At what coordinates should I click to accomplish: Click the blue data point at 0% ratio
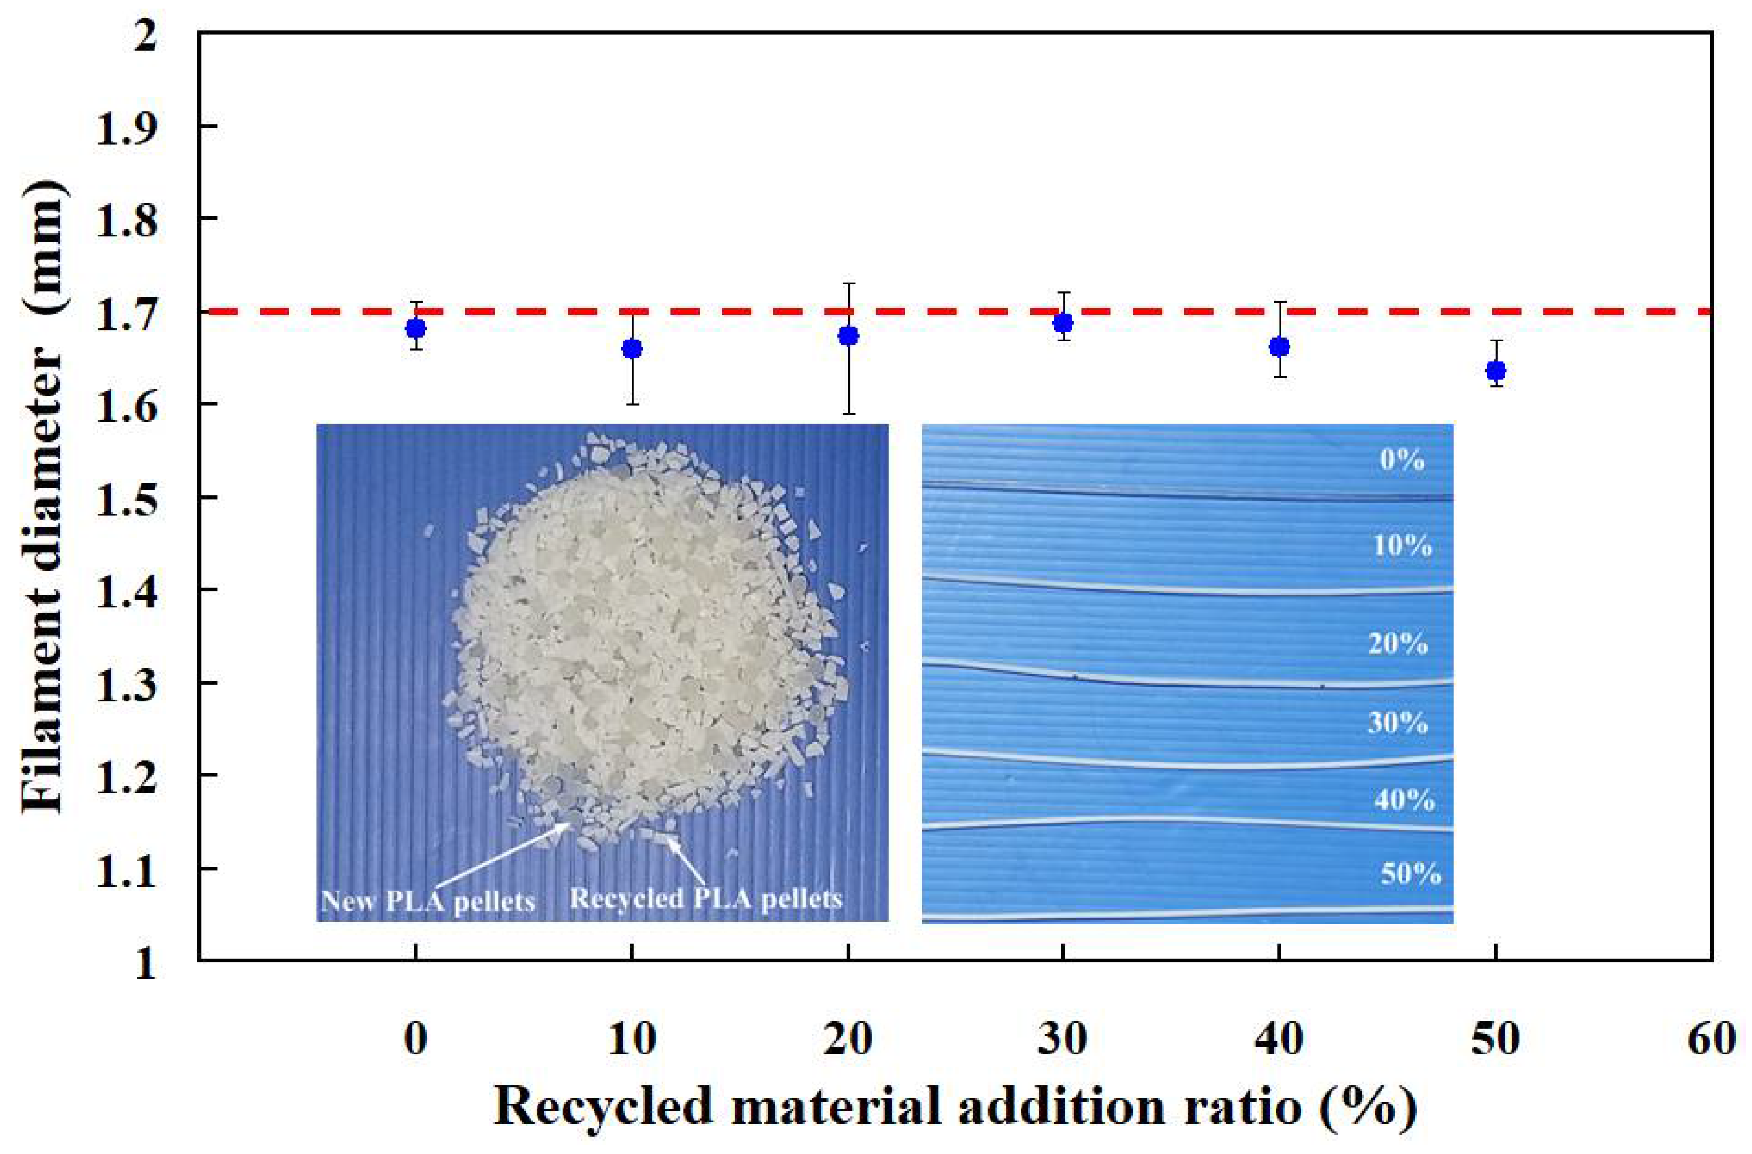click(415, 328)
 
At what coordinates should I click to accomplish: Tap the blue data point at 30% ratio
click(1062, 323)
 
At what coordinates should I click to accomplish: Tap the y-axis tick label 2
click(145, 34)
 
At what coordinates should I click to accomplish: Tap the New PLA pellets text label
click(428, 901)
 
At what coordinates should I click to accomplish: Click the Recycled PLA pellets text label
click(705, 899)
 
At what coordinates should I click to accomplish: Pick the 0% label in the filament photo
click(1402, 460)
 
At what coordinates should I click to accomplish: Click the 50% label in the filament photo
click(1410, 874)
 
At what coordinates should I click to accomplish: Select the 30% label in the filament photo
click(1397, 723)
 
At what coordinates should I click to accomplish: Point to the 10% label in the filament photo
click(1402, 547)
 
